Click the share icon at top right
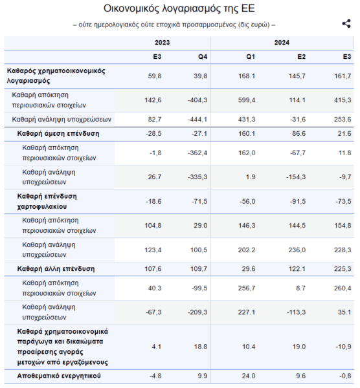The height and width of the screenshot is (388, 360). click(346, 24)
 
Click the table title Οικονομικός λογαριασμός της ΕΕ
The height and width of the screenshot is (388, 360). click(179, 8)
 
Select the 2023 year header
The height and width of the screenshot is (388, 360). click(163, 43)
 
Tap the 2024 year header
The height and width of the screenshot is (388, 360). click(282, 43)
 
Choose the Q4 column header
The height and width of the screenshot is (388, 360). click(203, 57)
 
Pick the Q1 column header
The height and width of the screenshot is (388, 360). click(251, 57)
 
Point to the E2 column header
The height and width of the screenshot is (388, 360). click(301, 57)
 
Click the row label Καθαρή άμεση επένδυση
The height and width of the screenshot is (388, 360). click(58, 134)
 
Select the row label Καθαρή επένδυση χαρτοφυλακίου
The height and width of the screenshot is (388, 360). click(47, 201)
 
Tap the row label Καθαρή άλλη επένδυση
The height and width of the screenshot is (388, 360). click(56, 269)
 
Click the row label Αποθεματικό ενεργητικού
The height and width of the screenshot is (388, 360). click(59, 376)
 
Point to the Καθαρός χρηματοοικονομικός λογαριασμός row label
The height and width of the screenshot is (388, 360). click(56, 76)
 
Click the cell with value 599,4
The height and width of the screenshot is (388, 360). click(247, 100)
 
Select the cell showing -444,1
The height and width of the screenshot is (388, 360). click(197, 120)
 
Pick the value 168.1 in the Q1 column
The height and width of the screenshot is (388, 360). click(247, 76)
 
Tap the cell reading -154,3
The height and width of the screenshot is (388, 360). click(296, 177)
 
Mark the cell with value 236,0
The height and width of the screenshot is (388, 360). click(297, 250)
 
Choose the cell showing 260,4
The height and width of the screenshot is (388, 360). click(343, 288)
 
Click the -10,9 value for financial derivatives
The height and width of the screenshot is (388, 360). click(343, 347)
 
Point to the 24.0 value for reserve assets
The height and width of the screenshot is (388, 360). click(249, 376)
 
